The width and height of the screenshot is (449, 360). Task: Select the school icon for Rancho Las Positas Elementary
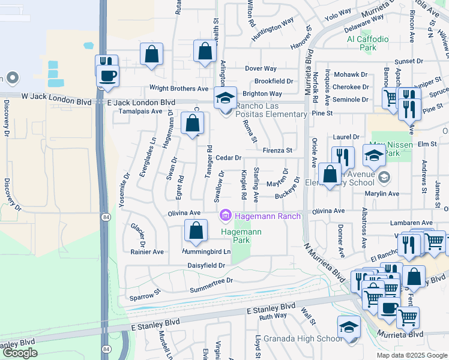pyautogui.click(x=226, y=97)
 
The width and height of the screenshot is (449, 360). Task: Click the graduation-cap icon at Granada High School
pyautogui.click(x=349, y=327)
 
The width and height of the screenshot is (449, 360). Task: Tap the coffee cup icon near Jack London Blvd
pyautogui.click(x=108, y=76)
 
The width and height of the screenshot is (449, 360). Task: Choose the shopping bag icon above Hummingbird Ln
pyautogui.click(x=196, y=230)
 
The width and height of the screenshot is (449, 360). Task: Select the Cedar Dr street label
pyautogui.click(x=228, y=158)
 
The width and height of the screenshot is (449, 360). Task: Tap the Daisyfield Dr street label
pyautogui.click(x=206, y=265)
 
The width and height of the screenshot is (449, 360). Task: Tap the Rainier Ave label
pyautogui.click(x=147, y=252)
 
